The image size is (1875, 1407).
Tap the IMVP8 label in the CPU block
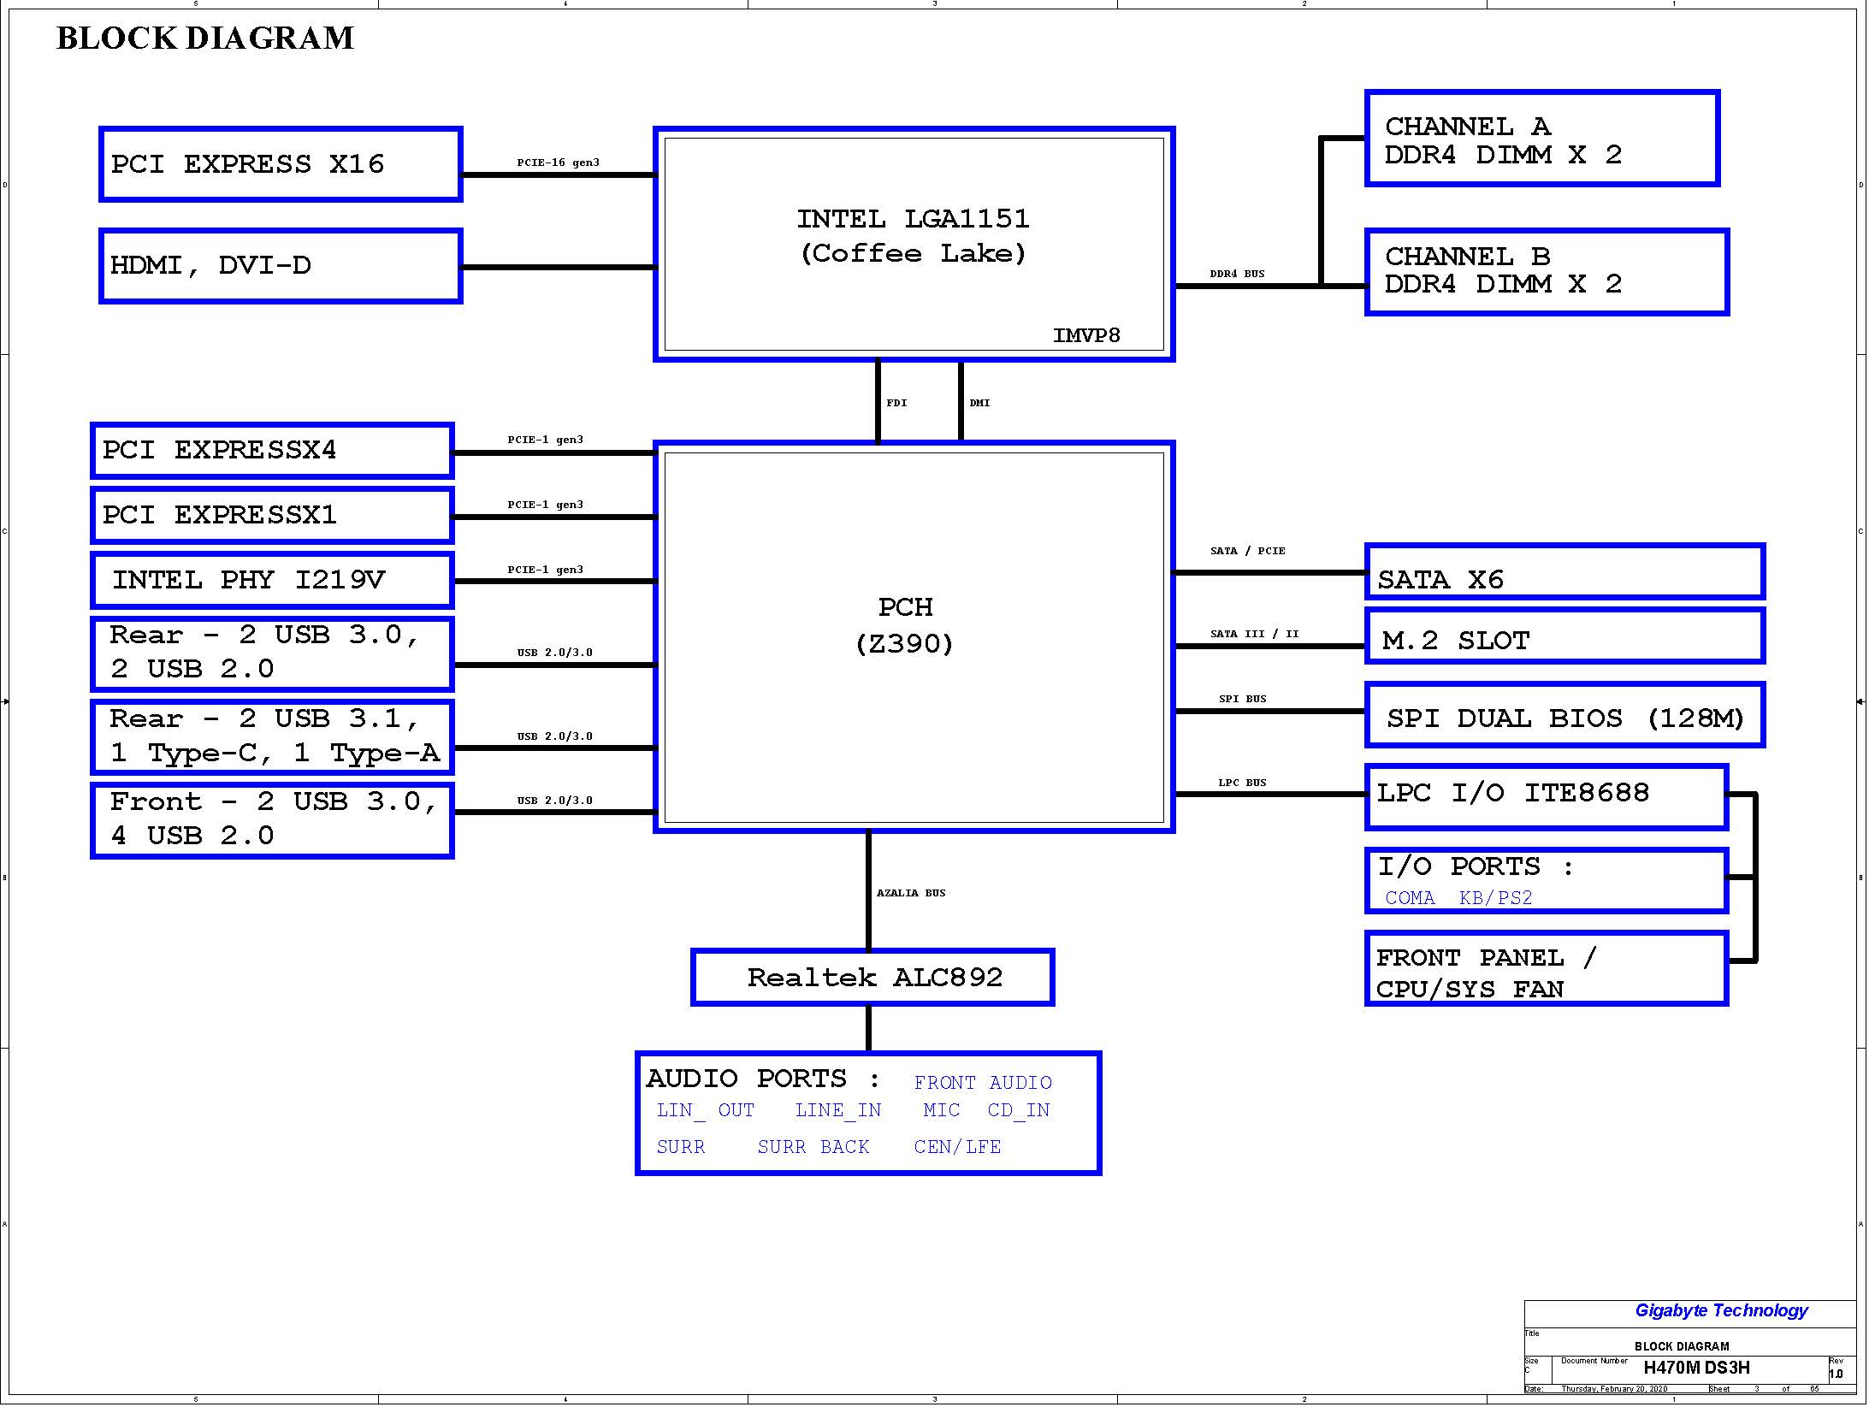click(x=1085, y=335)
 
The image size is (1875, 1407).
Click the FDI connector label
click(x=896, y=403)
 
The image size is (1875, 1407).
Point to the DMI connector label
click(x=979, y=403)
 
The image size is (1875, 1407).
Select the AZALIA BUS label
click(x=911, y=893)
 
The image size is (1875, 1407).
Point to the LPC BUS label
click(x=1242, y=783)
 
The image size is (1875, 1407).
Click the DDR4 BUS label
click(x=1237, y=274)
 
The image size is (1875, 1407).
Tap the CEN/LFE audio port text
click(x=957, y=1147)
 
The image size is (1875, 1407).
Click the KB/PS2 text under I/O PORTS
click(x=1495, y=898)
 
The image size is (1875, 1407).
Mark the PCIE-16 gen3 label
click(x=558, y=163)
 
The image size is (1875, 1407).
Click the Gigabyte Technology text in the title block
click(x=1721, y=1310)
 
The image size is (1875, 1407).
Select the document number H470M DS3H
click(x=1696, y=1368)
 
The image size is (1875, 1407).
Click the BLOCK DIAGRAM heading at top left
click(x=205, y=38)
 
